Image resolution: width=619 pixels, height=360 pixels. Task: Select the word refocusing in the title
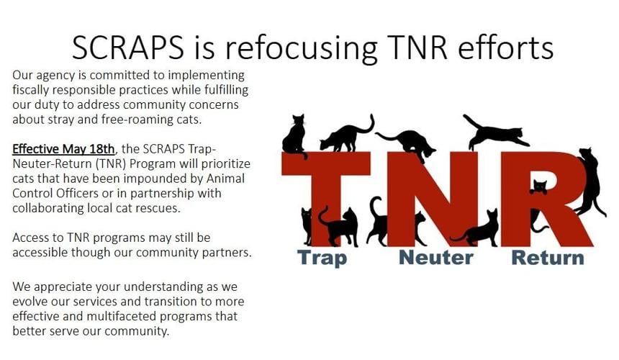313,48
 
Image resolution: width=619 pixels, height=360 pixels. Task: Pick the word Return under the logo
547,257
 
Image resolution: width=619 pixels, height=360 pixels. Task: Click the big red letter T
327,194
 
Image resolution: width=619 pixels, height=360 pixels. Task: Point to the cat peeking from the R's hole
539,187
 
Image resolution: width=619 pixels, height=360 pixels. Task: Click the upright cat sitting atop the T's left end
294,135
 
